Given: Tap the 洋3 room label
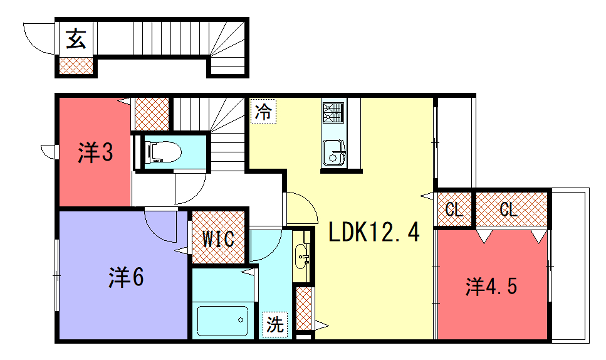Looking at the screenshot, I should pyautogui.click(x=94, y=153).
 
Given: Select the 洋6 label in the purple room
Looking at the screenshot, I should pyautogui.click(x=127, y=276).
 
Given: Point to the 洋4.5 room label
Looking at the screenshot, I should pyautogui.click(x=490, y=286).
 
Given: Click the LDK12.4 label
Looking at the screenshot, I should pyautogui.click(x=373, y=234).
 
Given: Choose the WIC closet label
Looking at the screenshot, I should pyautogui.click(x=217, y=238).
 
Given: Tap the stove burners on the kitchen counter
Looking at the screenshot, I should pyautogui.click(x=333, y=111).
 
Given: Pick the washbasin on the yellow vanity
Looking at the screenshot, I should pyautogui.click(x=302, y=257).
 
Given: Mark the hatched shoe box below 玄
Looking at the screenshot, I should pyautogui.click(x=75, y=65).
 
